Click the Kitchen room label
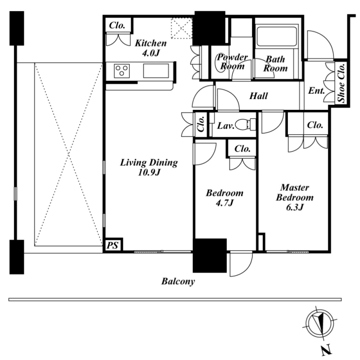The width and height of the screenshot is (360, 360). point(151,48)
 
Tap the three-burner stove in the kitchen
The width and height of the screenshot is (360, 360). point(121,71)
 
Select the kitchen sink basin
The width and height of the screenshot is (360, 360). point(156,71)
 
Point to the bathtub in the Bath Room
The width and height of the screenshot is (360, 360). point(277,37)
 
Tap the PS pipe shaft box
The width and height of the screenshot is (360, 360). point(113,245)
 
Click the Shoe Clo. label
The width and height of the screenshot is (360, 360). point(342,83)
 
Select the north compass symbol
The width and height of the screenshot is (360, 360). point(320,323)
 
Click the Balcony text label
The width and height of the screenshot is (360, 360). point(178,281)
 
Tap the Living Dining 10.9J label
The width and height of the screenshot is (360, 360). point(149,167)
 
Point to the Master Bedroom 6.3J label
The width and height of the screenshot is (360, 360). point(295,197)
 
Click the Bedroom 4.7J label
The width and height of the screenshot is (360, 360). point(225,198)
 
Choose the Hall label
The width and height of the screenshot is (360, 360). point(258,96)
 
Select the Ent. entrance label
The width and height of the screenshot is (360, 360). point(316,91)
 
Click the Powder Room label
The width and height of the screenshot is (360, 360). point(232,62)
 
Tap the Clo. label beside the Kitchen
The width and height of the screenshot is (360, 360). point(117,25)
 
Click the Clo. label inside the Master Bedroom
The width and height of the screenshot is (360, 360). point(315,125)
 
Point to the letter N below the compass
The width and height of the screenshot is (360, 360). point(327,351)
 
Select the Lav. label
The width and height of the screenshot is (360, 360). point(226,126)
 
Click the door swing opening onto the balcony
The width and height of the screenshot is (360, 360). point(241,264)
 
